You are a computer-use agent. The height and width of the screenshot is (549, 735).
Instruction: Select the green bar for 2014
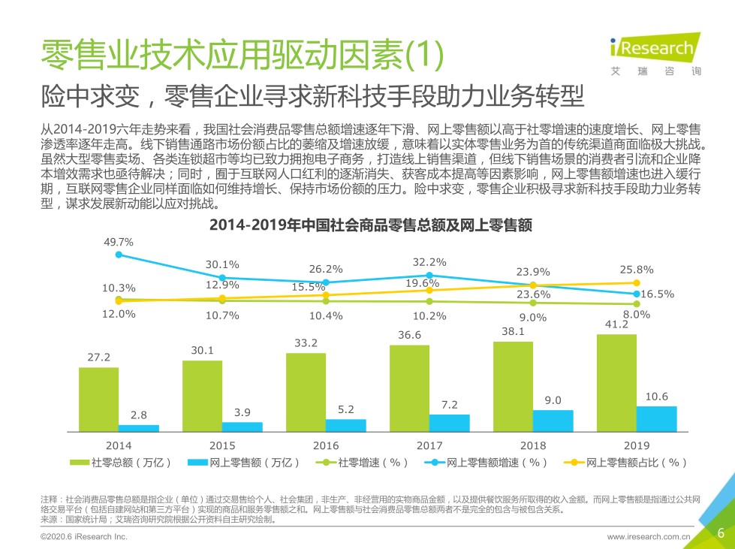[x=98, y=400]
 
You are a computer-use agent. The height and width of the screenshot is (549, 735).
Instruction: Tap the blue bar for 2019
[x=656, y=419]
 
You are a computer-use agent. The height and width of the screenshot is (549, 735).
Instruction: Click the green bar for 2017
[x=409, y=388]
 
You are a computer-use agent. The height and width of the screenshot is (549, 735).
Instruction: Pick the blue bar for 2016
[x=345, y=426]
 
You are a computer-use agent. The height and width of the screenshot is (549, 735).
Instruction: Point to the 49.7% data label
[x=119, y=243]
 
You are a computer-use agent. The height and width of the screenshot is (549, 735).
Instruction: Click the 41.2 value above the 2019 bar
[x=616, y=324]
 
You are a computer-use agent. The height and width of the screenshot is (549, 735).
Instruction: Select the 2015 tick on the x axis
[x=222, y=445]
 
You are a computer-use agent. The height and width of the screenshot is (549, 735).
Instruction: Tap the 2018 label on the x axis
[x=533, y=445]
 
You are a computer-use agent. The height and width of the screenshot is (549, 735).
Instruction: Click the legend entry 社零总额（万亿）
[x=125, y=463]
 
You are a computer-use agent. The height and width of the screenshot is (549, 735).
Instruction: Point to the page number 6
[x=721, y=533]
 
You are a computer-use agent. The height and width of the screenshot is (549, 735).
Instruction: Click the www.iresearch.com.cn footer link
[x=648, y=537]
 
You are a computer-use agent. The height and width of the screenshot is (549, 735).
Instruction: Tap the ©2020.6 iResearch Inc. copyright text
[x=84, y=537]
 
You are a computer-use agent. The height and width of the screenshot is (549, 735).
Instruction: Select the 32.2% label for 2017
[x=429, y=262]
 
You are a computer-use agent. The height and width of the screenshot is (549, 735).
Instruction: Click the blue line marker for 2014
[x=119, y=255]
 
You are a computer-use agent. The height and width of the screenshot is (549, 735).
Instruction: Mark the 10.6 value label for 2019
[x=656, y=397]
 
